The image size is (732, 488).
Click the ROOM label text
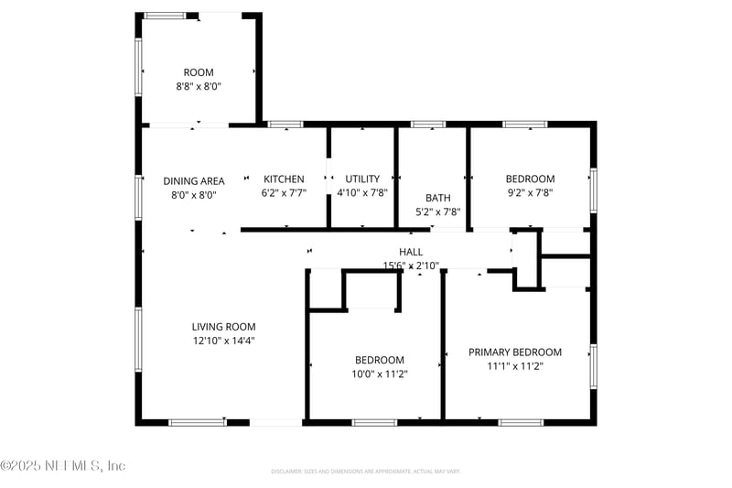(198, 72)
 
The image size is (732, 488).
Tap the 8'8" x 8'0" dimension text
(199, 86)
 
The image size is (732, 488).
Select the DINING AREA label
(194, 180)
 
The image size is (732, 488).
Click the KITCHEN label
(284, 179)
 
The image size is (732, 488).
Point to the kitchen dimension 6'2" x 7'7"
(284, 193)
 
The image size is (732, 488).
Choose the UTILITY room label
(361, 179)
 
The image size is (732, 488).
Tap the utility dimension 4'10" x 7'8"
(362, 193)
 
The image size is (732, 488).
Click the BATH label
(437, 197)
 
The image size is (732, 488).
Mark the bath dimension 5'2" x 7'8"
(437, 211)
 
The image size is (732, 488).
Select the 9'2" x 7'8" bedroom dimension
(530, 193)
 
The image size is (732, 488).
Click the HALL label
(411, 252)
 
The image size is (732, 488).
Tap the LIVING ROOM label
(223, 326)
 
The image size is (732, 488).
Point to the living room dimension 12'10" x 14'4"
(223, 341)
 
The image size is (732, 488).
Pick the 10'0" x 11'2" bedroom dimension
(380, 374)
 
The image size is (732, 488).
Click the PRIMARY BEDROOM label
(515, 352)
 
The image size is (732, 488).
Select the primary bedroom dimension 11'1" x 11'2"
(515, 366)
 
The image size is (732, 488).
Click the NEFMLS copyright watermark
(63, 466)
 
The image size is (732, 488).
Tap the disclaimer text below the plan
(365, 472)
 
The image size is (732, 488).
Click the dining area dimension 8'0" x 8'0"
(193, 194)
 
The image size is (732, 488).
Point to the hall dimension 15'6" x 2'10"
(411, 266)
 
